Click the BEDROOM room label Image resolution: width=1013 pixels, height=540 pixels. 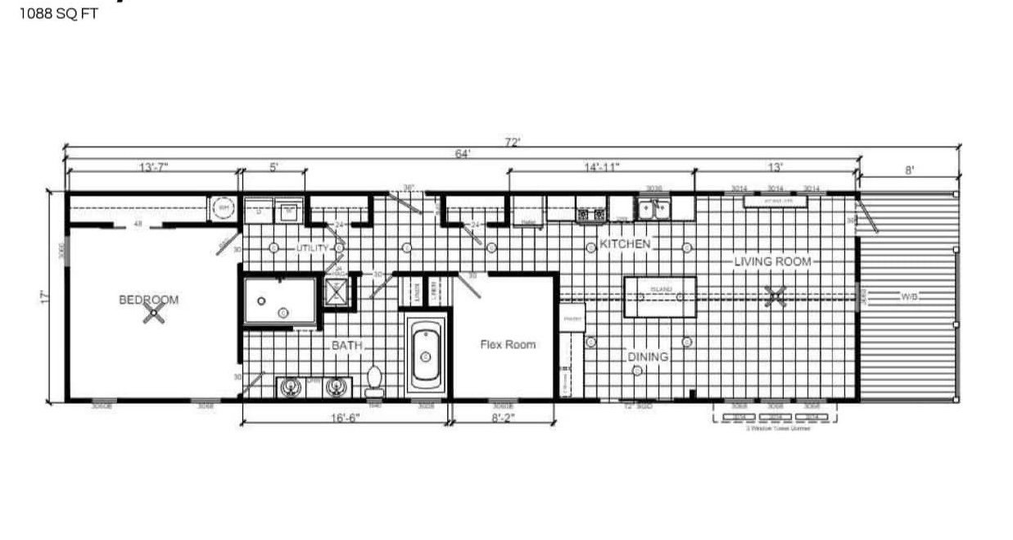click(x=148, y=300)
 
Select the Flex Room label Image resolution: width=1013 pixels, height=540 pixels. click(x=508, y=345)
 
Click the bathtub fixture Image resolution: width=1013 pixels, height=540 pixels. click(x=426, y=356)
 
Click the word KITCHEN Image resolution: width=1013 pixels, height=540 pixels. click(x=625, y=244)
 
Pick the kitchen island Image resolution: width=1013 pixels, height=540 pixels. click(x=660, y=297)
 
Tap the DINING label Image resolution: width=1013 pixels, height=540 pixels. click(x=648, y=356)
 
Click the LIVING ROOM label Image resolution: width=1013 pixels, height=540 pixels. click(x=772, y=261)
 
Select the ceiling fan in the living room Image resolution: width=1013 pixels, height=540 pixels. click(x=771, y=297)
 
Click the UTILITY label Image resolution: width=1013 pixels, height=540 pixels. click(x=312, y=247)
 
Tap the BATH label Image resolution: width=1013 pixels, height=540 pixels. click(x=346, y=346)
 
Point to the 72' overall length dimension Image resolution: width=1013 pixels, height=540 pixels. click(x=513, y=142)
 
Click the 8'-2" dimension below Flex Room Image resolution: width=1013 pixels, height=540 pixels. click(x=504, y=417)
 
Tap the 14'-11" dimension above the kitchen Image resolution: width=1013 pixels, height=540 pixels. click(x=601, y=167)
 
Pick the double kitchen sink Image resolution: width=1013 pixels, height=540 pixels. click(x=655, y=211)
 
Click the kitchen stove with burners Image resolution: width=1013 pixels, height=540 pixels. click(x=591, y=214)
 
